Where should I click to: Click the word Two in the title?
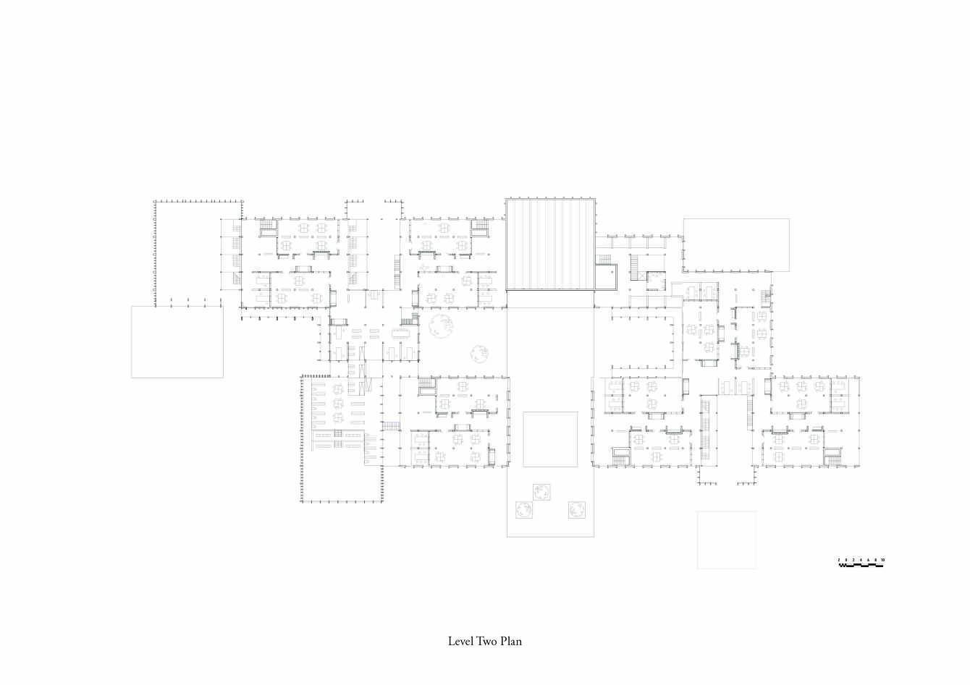click(x=486, y=642)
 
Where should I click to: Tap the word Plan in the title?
click(x=510, y=642)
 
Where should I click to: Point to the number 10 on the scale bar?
click(x=882, y=561)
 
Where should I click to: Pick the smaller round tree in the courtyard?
click(x=478, y=353)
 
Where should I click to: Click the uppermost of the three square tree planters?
click(x=541, y=493)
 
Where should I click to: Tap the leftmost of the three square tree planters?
click(x=523, y=511)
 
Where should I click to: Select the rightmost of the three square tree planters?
click(x=576, y=509)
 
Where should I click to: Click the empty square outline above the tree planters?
click(x=550, y=439)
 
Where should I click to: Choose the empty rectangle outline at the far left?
click(x=177, y=341)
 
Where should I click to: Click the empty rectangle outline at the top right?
click(x=736, y=244)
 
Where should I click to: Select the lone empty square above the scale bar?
click(x=726, y=540)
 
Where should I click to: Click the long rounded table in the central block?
click(x=400, y=333)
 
